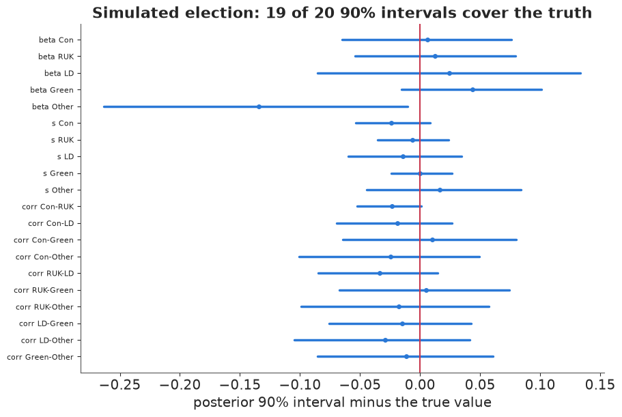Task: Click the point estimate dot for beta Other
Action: coord(259,106)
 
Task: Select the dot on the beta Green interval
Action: coord(473,90)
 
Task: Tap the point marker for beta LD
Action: coord(449,73)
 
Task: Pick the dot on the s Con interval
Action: coord(391,124)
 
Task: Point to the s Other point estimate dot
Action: coord(440,190)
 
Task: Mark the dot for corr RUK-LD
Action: coord(380,274)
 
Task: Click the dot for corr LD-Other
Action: coord(385,340)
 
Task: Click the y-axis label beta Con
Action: coord(57,40)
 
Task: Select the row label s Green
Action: coord(58,173)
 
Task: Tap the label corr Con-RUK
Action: coord(48,207)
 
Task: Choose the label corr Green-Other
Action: coord(40,357)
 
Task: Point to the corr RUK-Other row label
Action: coord(44,307)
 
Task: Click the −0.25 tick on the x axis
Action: coord(119,384)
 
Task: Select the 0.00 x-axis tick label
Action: coord(420,384)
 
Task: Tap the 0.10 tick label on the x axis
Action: coord(540,384)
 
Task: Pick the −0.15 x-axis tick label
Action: coord(240,384)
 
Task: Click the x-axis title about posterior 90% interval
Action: coord(342,403)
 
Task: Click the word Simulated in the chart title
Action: coord(135,13)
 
